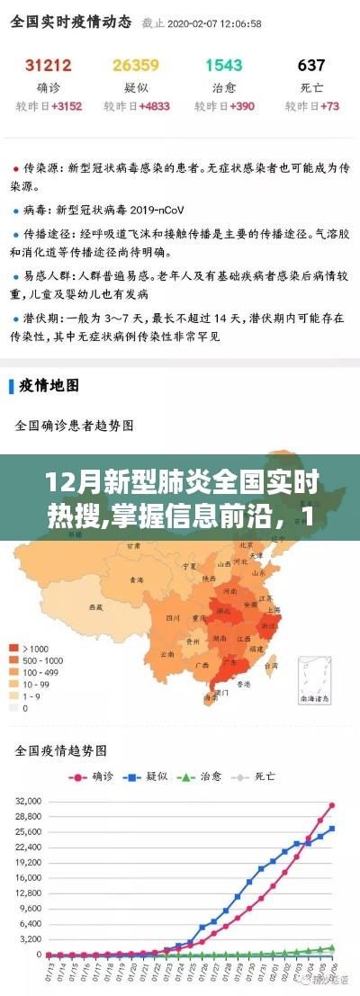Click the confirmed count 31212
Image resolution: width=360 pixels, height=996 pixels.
click(49, 65)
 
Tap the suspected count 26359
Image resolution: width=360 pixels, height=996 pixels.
click(136, 65)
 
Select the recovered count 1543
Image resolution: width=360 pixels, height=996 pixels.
click(224, 65)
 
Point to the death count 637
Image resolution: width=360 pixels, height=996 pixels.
click(311, 65)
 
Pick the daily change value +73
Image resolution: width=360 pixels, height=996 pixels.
click(324, 106)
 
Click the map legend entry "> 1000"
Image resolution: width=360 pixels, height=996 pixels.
click(35, 648)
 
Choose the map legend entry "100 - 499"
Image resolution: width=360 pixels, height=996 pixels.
click(40, 671)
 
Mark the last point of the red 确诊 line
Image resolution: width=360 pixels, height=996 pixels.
click(332, 805)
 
